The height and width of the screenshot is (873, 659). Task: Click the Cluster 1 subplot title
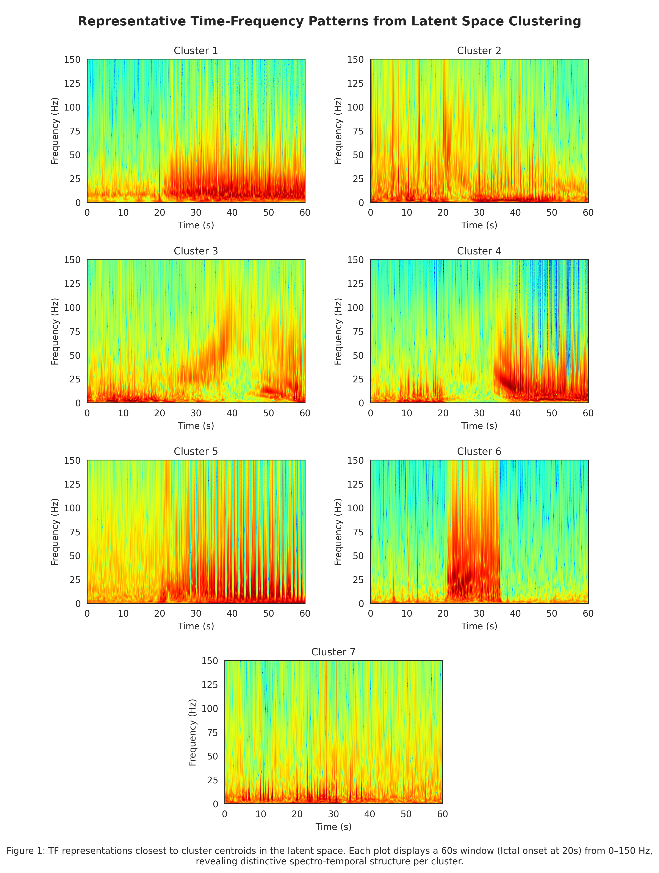[x=196, y=51]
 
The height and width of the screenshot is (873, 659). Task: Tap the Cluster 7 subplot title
[x=333, y=652]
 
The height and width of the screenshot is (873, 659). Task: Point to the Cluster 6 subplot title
[x=479, y=452]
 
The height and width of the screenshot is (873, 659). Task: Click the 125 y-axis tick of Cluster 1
[x=72, y=83]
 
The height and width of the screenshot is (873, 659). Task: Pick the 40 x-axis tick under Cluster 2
[x=515, y=213]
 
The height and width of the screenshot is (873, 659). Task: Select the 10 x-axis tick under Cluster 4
[x=407, y=413]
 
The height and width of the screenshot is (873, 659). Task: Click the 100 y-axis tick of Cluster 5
[x=72, y=508]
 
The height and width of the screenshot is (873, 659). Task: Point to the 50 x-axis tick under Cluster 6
[x=552, y=613]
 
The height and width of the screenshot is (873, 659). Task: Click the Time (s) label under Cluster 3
[x=196, y=426]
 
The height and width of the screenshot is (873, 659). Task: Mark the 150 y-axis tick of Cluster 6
[x=355, y=460]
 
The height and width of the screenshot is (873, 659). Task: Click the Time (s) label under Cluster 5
[x=196, y=626]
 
